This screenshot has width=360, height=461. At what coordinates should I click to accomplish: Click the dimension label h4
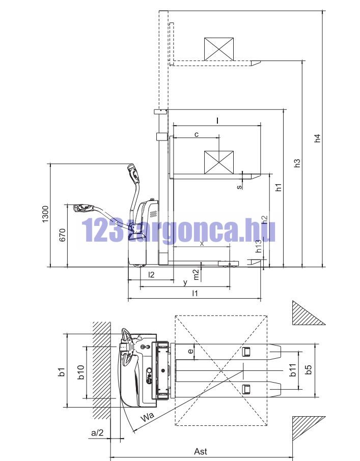tap(317, 138)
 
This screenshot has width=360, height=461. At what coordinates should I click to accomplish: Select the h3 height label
tap(297, 163)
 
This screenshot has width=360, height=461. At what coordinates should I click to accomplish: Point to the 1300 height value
tap(45, 214)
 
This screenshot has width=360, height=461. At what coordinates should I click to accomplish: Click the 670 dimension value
tap(62, 235)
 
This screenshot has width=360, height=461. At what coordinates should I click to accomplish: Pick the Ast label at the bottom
tap(201, 451)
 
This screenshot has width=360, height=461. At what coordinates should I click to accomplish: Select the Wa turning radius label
tap(147, 417)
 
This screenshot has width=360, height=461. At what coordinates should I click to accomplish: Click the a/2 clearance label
tap(97, 433)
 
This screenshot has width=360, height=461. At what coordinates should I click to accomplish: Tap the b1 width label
tap(62, 371)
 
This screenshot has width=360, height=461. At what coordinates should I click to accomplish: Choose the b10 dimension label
tap(81, 371)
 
